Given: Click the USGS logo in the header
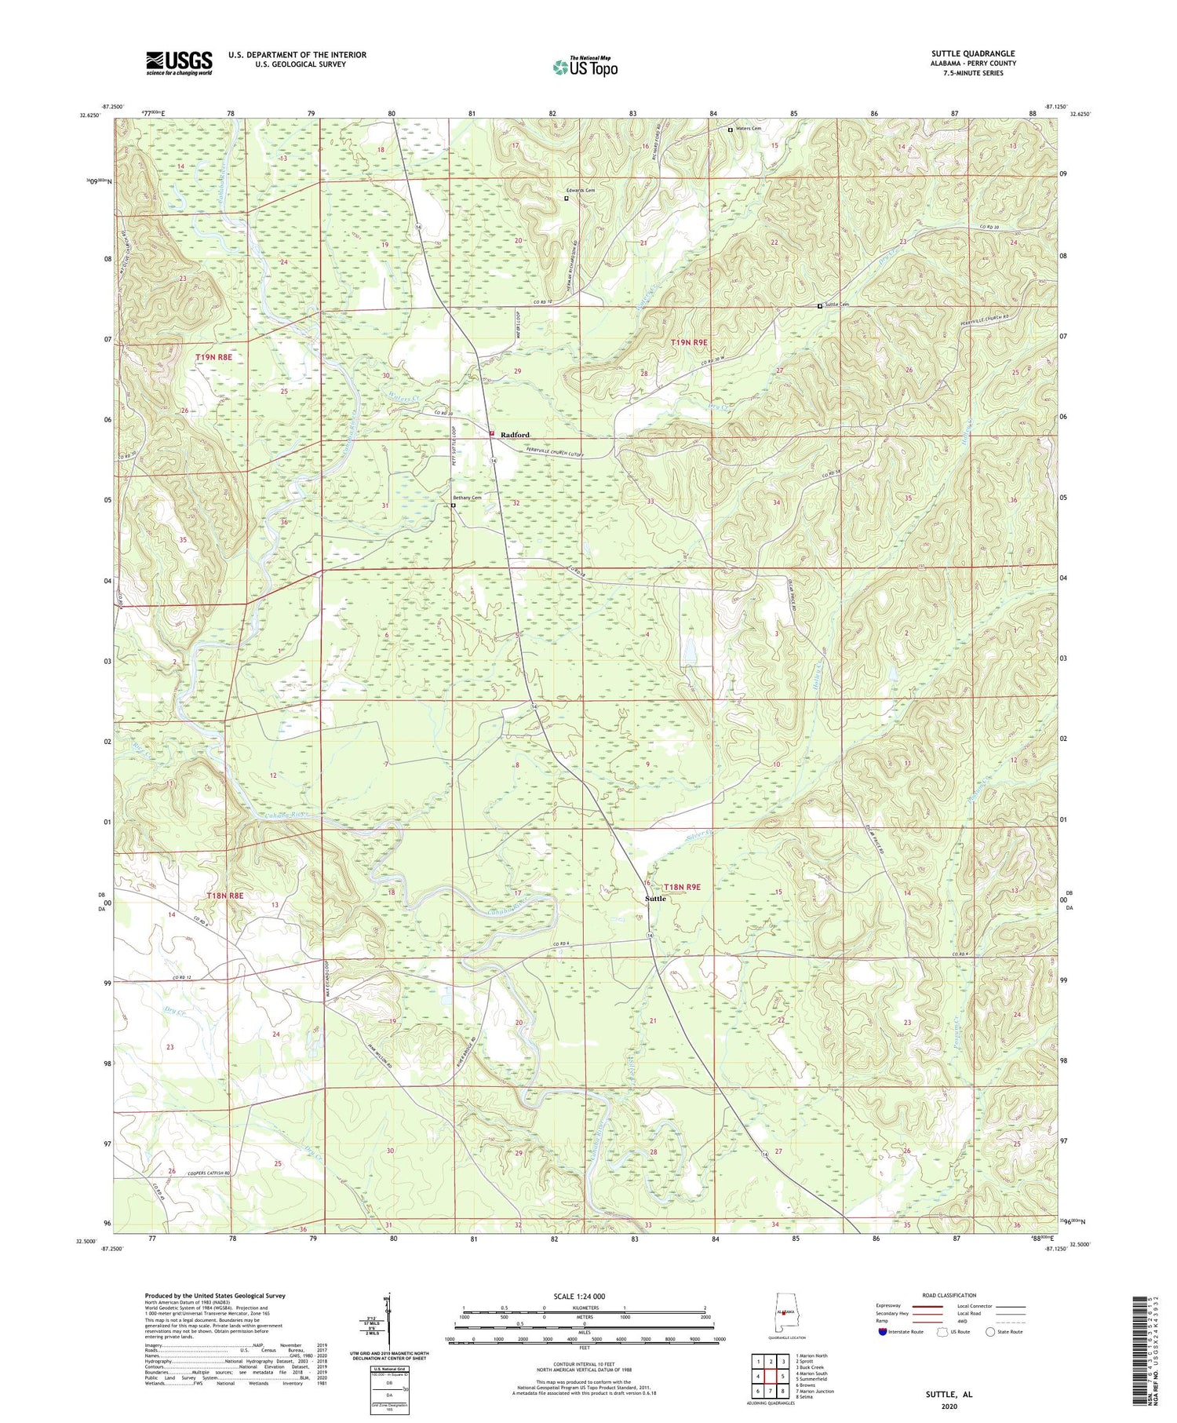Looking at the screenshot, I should point(179,63).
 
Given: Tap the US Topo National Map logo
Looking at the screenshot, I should point(585,68).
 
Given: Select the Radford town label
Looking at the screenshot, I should point(516,435).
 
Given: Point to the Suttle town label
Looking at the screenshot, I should point(655,899).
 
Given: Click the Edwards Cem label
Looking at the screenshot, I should point(581,191).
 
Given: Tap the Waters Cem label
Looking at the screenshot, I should point(748,129).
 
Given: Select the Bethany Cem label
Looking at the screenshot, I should point(466,498).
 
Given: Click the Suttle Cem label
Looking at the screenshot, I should point(836,305).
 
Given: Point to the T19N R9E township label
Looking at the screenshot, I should point(689,342).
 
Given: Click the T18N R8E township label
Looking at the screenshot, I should point(224,896).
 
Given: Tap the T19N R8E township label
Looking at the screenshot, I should point(213,357).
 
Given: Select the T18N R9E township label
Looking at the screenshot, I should point(682,887).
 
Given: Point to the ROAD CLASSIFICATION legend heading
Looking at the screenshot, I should point(949,1295).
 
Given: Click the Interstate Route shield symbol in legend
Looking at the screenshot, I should point(884,1331).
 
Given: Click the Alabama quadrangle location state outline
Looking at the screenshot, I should point(785,1313).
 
